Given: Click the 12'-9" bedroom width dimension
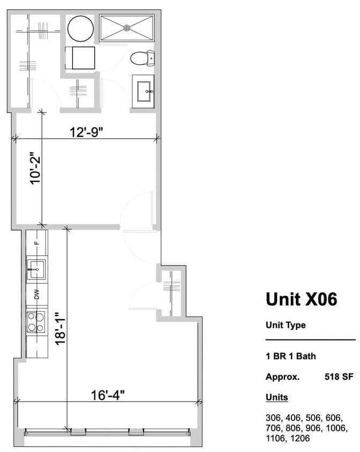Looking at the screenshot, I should [x=86, y=132].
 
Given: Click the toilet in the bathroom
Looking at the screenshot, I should [x=142, y=57].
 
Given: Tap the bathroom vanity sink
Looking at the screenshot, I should [x=144, y=89].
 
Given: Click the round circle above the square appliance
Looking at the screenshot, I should [x=81, y=28].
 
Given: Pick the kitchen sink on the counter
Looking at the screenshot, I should [x=36, y=270].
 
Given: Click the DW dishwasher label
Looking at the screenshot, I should [x=37, y=294].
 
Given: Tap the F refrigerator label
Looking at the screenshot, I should [x=37, y=243].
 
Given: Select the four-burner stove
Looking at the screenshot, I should [x=36, y=321].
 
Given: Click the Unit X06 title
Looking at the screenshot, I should [x=301, y=299].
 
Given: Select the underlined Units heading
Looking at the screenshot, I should [x=276, y=397].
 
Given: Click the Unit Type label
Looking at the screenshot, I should [x=286, y=325].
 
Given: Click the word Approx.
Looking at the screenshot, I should [x=282, y=376].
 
